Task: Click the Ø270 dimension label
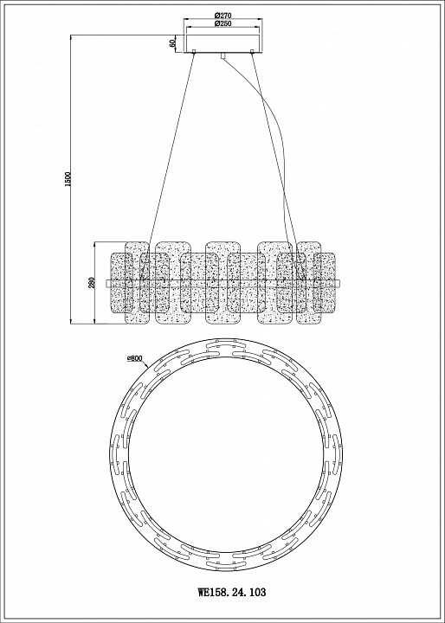point(222,16)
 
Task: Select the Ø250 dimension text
point(222,23)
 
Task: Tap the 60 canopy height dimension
point(172,43)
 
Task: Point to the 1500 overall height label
point(68,180)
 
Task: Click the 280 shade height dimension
point(92,283)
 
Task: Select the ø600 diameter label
point(135,358)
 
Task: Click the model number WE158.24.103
point(232,593)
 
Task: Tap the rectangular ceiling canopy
point(222,44)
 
